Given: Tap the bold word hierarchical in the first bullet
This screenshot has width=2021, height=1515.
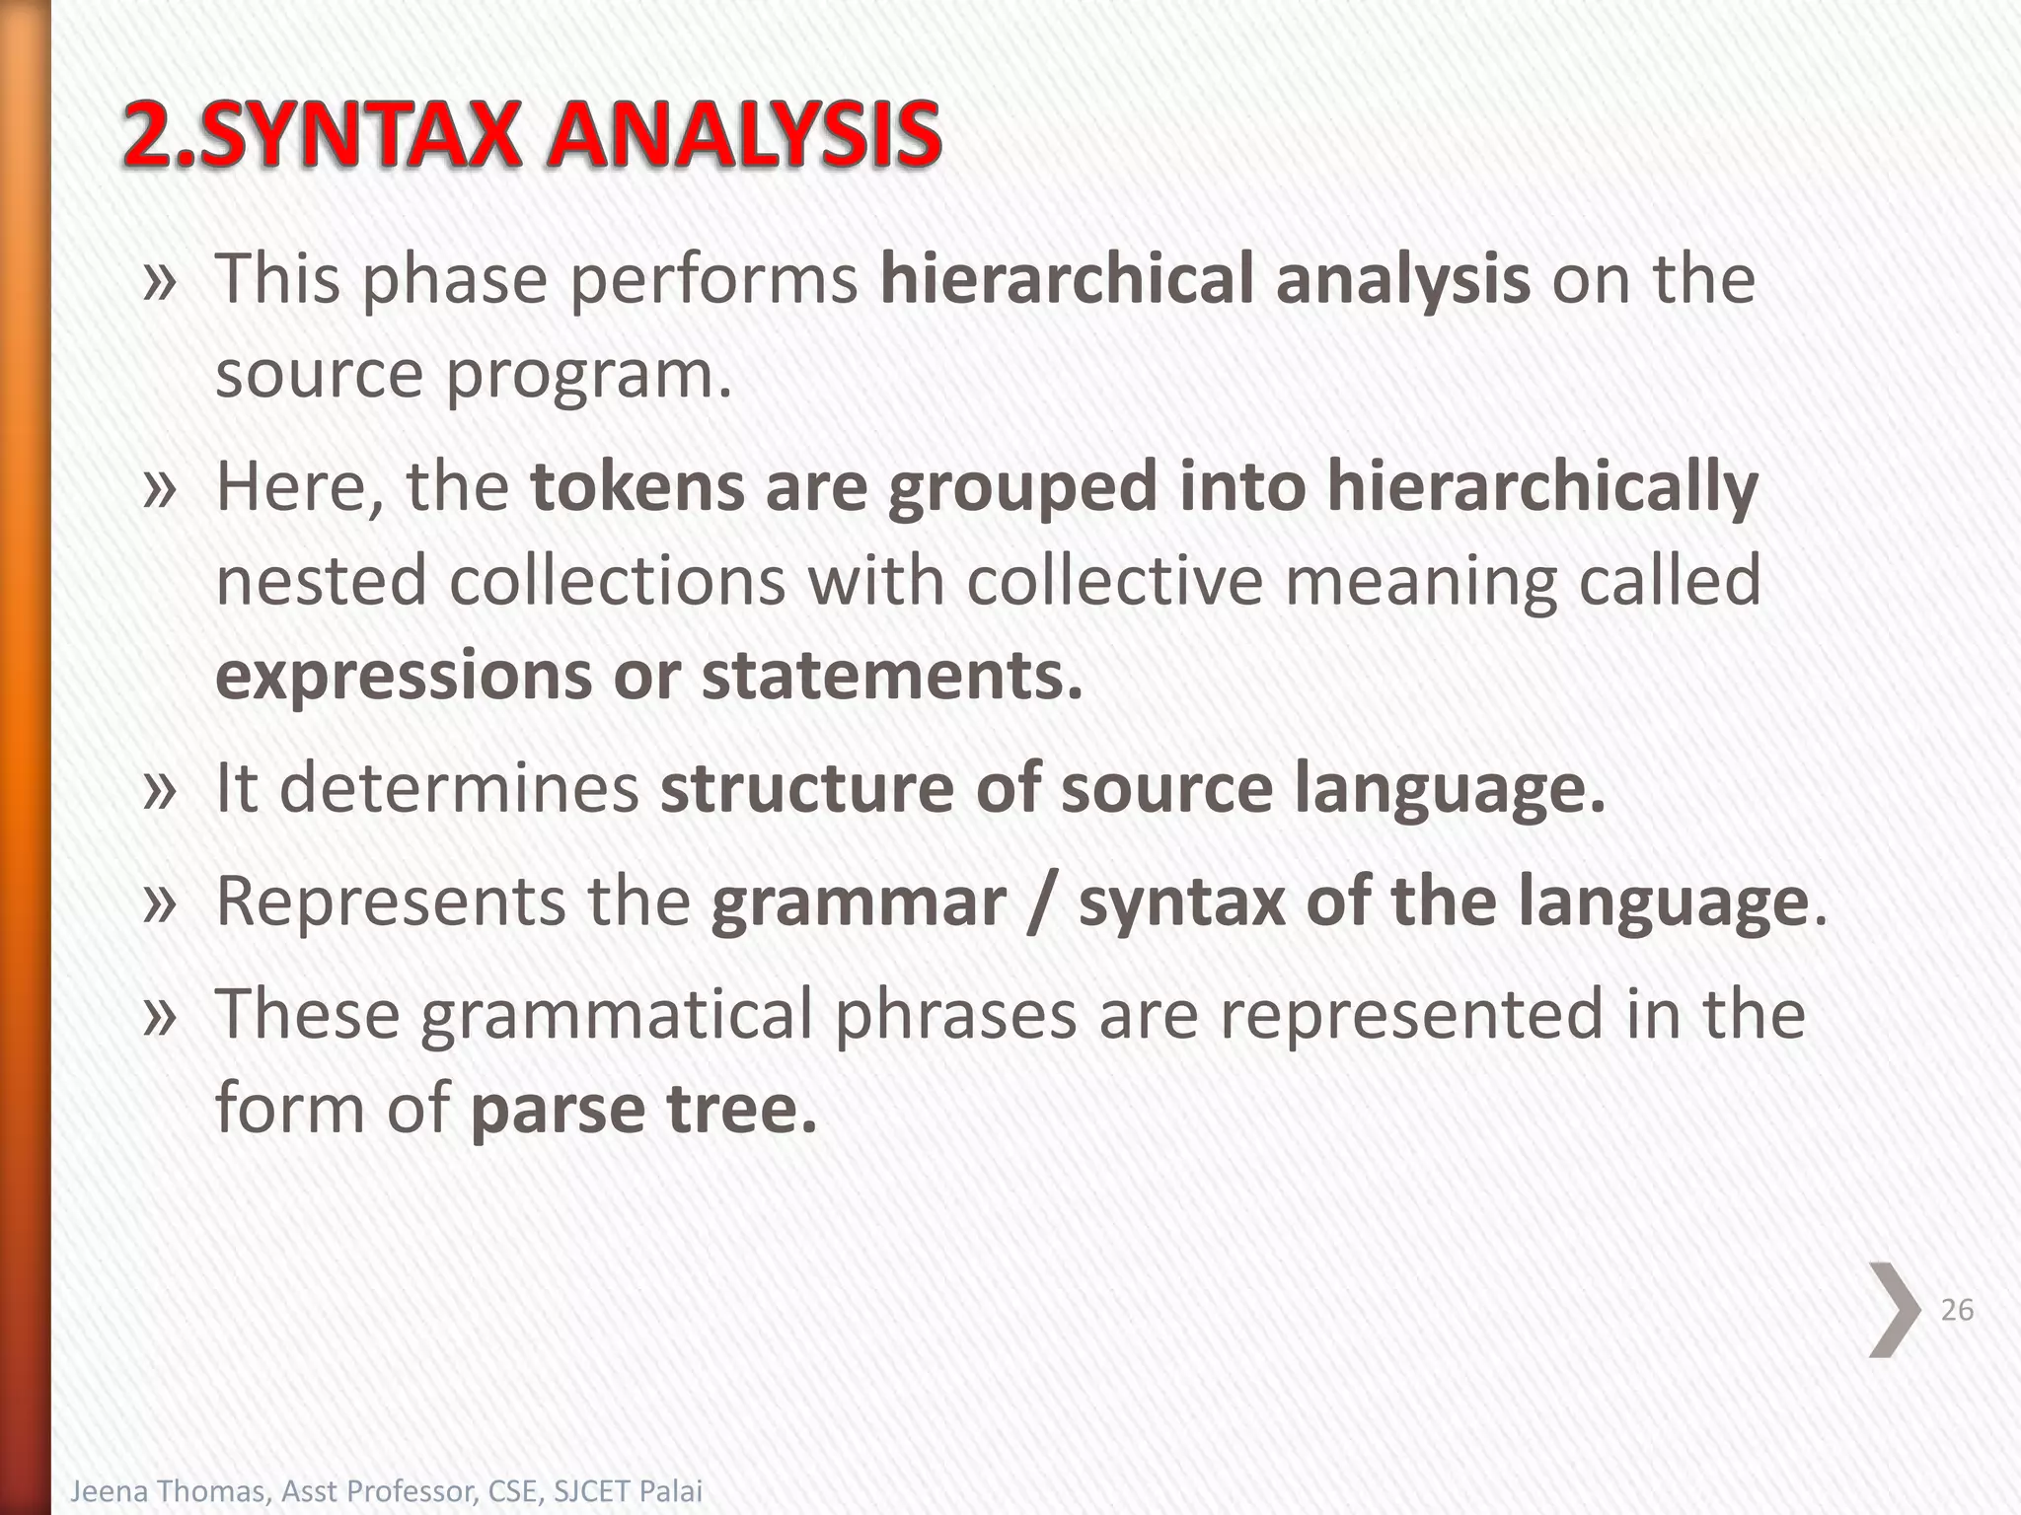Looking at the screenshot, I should (1066, 278).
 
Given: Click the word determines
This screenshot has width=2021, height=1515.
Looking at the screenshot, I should (460, 788).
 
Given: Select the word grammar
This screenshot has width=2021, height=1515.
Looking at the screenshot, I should (858, 902).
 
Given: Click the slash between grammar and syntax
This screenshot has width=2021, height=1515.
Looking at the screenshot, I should (1040, 902).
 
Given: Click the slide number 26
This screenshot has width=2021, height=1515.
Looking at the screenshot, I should (1956, 1310).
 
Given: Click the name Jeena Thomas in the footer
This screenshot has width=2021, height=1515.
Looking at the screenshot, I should (168, 1490).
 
